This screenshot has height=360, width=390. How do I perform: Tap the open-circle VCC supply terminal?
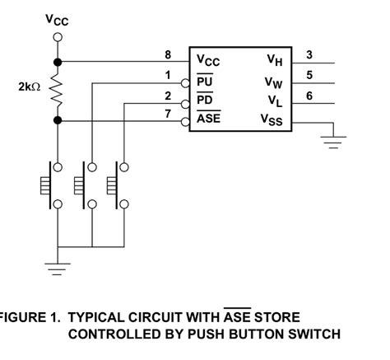(57, 37)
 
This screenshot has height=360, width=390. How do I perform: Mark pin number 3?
(309, 55)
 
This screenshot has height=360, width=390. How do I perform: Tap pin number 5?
(309, 75)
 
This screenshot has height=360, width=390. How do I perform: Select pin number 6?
(309, 96)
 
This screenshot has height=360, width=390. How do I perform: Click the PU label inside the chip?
(205, 82)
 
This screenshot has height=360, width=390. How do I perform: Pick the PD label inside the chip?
(205, 101)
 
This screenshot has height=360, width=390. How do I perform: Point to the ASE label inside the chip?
(208, 120)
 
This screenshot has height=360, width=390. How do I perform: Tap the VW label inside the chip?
(274, 82)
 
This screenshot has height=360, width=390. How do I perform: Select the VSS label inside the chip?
(272, 120)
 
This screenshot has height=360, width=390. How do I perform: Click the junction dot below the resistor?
(57, 121)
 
